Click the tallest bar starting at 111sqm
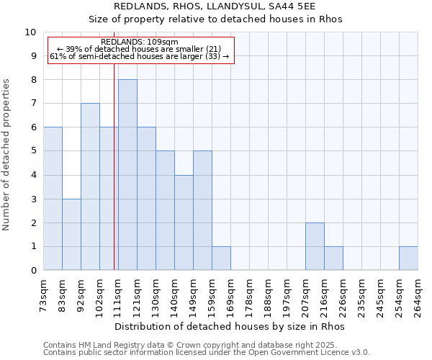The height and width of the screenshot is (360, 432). (127, 175)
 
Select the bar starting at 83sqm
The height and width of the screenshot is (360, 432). (71, 235)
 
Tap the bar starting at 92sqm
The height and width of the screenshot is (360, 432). (90, 187)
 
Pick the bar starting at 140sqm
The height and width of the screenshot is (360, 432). (184, 223)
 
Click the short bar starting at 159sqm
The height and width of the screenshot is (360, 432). (221, 258)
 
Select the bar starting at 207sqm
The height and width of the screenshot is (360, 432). (315, 247)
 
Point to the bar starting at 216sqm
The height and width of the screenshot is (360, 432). (333, 258)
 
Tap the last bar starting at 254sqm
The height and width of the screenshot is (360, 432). (408, 258)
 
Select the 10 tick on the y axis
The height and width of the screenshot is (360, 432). (31, 32)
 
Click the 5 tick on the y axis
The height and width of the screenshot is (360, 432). (33, 152)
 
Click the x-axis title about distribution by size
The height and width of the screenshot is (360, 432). (230, 327)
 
